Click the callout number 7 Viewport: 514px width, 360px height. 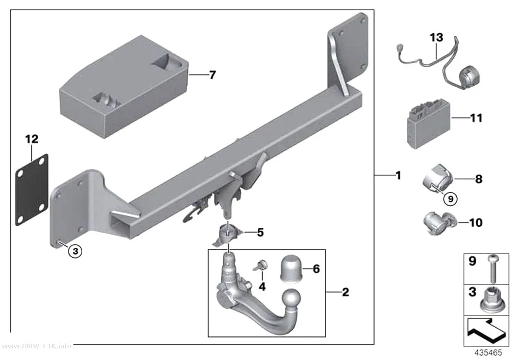(x=212, y=75)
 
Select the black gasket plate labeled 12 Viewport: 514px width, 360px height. (x=32, y=190)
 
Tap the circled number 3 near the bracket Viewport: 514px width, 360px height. (x=75, y=251)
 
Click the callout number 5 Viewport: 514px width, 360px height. (x=260, y=233)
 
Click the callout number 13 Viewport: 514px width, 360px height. (x=436, y=37)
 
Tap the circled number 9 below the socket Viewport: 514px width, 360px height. (x=450, y=199)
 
